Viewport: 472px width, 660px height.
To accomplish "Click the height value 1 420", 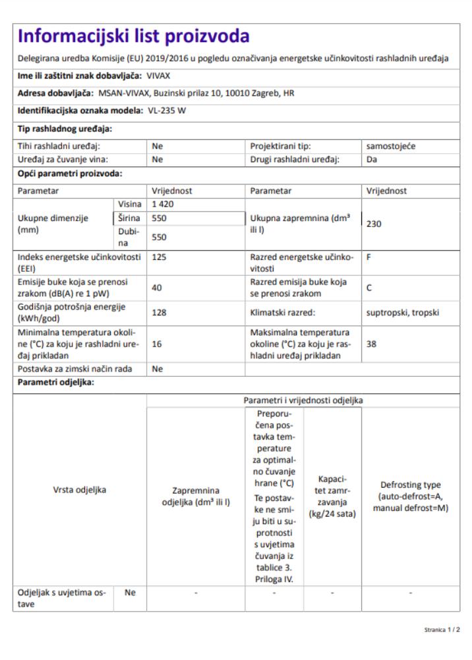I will (x=163, y=204).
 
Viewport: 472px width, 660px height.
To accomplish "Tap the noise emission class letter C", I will (x=370, y=287).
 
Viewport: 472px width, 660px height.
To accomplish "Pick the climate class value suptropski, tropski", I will (x=402, y=312).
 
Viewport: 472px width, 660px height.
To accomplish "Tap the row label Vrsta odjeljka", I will (x=80, y=490).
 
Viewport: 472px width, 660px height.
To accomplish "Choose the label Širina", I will (x=128, y=217).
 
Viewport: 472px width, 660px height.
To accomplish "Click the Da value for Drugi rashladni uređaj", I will (x=371, y=159).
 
